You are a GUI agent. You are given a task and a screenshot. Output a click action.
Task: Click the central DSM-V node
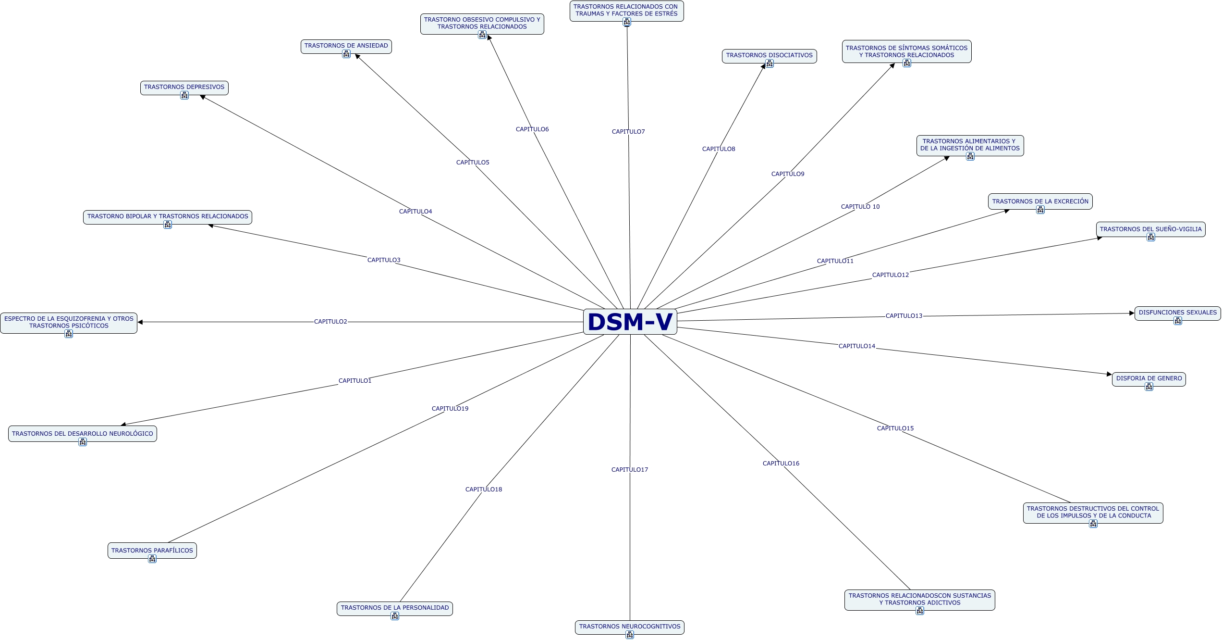tap(630, 322)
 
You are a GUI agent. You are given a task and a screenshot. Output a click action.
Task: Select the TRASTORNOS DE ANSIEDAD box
tap(346, 46)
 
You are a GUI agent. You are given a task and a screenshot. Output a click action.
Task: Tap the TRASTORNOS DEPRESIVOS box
tap(184, 88)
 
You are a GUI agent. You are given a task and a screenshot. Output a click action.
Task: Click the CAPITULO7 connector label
tap(628, 132)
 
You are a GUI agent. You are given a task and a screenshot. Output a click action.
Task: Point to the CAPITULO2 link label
tap(330, 322)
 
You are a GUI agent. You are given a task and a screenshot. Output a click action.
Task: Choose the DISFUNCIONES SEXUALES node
tap(1177, 313)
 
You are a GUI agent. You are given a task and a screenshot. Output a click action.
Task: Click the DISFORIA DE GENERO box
tap(1149, 378)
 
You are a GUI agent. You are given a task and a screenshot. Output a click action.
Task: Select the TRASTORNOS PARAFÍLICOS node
tap(152, 551)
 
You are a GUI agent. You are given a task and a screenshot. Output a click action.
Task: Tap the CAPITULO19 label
tap(450, 409)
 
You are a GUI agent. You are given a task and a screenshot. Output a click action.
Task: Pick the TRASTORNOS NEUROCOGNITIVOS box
tap(629, 627)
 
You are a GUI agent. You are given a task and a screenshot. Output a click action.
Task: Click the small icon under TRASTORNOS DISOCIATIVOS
tap(770, 63)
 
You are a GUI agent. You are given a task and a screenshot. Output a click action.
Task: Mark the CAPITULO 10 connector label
tap(860, 207)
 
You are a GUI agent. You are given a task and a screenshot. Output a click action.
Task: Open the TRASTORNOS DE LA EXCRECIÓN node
tap(1040, 201)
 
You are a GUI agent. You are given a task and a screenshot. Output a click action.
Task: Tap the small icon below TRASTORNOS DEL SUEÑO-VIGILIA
tap(1151, 237)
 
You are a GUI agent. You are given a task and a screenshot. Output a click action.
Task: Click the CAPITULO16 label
tap(781, 464)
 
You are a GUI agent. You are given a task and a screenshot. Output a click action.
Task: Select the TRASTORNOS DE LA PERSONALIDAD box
tap(394, 608)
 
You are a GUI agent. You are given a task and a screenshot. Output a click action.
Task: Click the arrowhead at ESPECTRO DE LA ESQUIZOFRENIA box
tap(140, 322)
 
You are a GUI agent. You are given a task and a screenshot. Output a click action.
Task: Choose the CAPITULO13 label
tap(904, 316)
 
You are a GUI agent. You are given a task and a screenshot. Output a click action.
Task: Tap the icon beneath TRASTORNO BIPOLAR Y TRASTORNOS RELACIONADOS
tap(168, 225)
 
